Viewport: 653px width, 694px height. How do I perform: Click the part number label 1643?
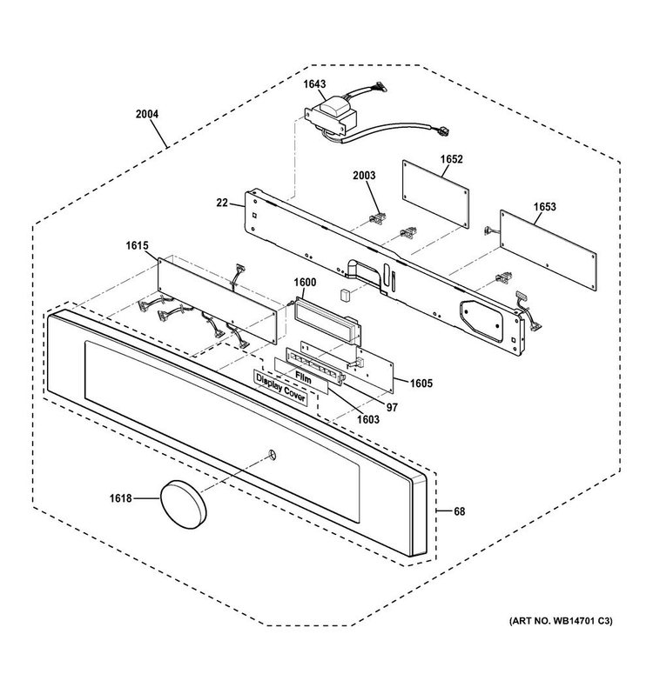point(314,84)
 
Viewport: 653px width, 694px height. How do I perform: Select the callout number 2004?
point(147,114)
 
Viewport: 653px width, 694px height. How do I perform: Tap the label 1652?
point(451,159)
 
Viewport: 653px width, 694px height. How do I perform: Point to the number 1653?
point(544,207)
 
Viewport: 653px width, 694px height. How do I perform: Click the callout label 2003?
point(364,176)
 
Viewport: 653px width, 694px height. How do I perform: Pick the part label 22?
point(222,203)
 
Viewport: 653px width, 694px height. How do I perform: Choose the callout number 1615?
point(138,245)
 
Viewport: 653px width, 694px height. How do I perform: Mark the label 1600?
point(305,283)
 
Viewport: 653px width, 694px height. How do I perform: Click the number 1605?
point(421,384)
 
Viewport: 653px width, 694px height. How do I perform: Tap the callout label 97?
point(392,407)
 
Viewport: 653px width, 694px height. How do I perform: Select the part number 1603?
point(368,419)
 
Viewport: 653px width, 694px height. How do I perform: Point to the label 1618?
point(121,498)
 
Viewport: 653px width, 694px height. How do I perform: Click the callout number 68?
point(460,511)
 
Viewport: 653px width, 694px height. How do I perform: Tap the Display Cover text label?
point(281,388)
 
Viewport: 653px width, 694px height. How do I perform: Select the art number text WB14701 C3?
point(582,621)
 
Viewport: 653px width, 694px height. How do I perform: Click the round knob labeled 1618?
point(184,504)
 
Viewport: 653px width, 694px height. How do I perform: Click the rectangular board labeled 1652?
point(436,194)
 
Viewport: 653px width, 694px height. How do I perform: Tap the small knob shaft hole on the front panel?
point(272,454)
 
